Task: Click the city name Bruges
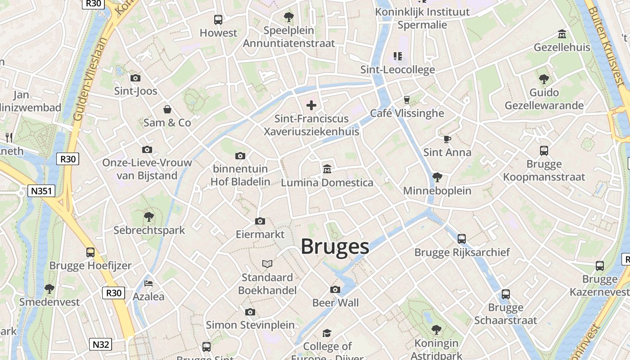(335, 247)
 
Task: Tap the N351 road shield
(40, 191)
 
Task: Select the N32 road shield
(101, 345)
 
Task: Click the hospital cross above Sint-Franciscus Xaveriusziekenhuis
(311, 105)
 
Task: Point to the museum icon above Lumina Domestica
(327, 170)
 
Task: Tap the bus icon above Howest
(218, 20)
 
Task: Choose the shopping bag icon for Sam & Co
(167, 109)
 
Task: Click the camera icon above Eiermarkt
(260, 221)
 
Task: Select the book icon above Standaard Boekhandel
(267, 264)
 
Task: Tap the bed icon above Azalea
(148, 283)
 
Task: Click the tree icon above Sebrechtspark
(149, 217)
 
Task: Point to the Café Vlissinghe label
(407, 113)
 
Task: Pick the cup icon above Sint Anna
(447, 139)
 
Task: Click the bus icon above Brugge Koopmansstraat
(544, 151)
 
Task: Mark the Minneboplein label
(437, 191)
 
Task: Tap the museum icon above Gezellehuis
(562, 34)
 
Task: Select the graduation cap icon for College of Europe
(327, 333)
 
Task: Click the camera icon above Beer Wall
(335, 289)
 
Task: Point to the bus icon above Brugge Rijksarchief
(462, 239)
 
